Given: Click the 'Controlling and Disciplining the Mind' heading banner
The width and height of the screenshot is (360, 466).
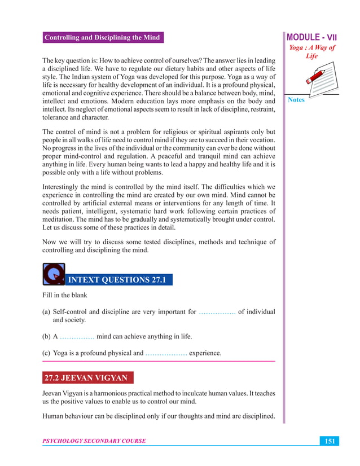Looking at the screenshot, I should tap(102, 38).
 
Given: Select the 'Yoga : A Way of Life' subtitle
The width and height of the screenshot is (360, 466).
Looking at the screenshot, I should tap(312, 52).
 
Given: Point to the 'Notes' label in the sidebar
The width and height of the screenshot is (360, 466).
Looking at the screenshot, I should tap(296, 100).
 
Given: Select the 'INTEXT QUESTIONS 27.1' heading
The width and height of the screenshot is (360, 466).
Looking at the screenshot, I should tap(118, 280).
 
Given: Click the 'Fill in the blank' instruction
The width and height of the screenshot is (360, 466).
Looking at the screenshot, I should tap(67, 296).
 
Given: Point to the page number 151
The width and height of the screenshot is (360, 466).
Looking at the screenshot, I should tap(328, 441).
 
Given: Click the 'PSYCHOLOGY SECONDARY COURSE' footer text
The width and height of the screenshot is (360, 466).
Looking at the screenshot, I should tap(94, 441).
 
